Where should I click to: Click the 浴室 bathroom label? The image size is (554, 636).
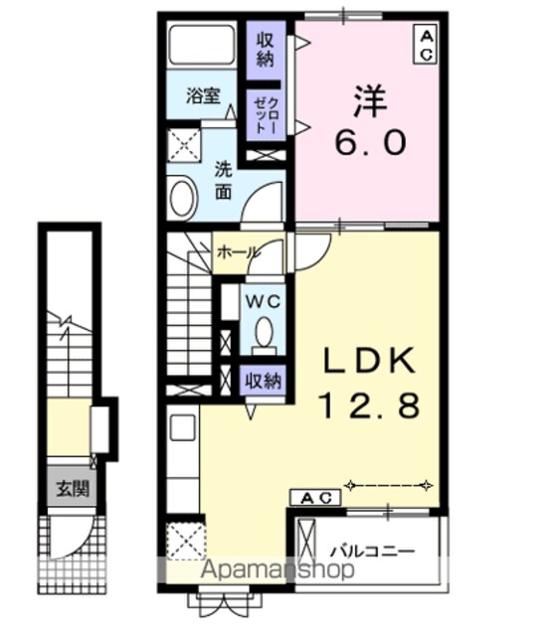tap(203, 95)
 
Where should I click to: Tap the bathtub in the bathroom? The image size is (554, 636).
tap(202, 45)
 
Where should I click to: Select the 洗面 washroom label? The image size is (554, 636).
tap(223, 180)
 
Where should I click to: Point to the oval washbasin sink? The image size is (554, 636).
tap(183, 199)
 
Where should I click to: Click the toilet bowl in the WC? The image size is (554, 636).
tap(264, 332)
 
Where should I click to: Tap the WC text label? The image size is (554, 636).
tap(264, 301)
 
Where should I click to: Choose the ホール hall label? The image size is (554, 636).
tap(237, 253)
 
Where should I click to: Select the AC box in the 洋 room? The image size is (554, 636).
tap(425, 44)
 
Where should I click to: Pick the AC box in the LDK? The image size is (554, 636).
tap(315, 497)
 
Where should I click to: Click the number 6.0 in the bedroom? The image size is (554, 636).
tap(370, 142)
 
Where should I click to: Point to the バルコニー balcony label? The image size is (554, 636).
tap(372, 552)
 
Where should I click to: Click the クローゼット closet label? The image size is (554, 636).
tap(266, 115)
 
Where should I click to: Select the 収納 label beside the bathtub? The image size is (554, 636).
tap(266, 50)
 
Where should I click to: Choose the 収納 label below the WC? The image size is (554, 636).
tap(263, 381)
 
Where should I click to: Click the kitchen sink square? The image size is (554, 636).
tap(183, 427)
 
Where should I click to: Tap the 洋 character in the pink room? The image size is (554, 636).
tap(372, 101)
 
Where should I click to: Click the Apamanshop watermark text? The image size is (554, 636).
tap(278, 569)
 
